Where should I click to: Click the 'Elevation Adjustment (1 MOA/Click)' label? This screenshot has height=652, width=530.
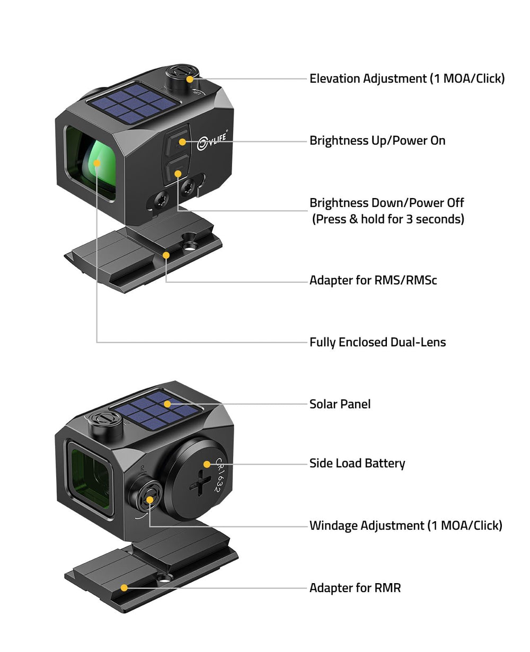point(407,79)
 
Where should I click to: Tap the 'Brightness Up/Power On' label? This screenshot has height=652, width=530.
point(377,140)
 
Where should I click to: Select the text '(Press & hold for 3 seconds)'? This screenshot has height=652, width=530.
point(388,219)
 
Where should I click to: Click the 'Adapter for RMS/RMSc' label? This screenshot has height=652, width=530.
point(373,280)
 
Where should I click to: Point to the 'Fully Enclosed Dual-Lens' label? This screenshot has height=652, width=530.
point(377,342)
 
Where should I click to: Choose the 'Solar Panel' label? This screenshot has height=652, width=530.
point(340,404)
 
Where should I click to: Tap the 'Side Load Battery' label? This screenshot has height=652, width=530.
point(357,463)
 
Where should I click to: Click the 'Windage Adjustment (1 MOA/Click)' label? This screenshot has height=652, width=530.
point(405,525)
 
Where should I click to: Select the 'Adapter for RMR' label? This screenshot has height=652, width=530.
point(355,588)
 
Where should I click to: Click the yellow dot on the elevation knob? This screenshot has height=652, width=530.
point(190,79)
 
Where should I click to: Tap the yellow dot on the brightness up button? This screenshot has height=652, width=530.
point(182,142)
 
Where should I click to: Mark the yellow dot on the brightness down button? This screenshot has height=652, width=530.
point(178,174)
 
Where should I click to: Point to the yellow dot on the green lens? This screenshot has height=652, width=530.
point(97,163)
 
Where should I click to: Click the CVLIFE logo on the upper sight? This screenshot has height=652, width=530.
point(212,141)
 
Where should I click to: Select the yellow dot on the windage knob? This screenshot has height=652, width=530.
point(149,500)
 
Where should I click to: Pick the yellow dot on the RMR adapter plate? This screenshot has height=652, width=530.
point(124,587)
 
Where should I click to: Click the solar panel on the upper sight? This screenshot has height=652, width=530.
point(132,103)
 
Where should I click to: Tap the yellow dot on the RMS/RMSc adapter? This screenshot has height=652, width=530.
point(166,255)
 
